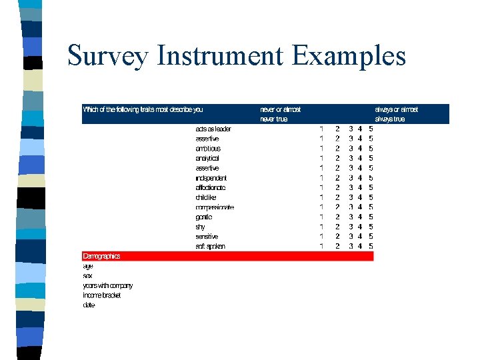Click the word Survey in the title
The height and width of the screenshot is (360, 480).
(x=108, y=56)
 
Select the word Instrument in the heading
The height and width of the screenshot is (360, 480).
(x=219, y=56)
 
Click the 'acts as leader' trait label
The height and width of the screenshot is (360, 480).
(x=213, y=129)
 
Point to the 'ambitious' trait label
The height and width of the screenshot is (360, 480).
(x=208, y=149)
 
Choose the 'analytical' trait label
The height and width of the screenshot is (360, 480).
(x=207, y=159)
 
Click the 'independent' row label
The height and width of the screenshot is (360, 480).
(x=211, y=178)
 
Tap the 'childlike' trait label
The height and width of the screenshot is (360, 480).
(x=206, y=197)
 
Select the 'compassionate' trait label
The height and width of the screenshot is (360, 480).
(x=215, y=207)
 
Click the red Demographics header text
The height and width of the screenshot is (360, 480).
(x=101, y=256)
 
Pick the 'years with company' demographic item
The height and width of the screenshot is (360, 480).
(x=108, y=285)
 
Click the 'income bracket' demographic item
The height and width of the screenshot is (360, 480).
(x=102, y=295)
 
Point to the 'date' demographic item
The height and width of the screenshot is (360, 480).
(x=89, y=305)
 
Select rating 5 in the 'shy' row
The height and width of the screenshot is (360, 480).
(x=371, y=227)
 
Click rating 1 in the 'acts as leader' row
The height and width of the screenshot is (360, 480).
(x=321, y=129)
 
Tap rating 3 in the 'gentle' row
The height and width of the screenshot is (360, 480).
(x=351, y=217)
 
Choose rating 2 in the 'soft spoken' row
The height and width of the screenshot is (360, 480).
(x=337, y=246)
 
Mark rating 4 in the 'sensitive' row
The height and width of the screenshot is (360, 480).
(x=360, y=236)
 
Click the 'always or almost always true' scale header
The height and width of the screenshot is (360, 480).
(x=397, y=114)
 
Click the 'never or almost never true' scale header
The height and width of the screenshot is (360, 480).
(x=281, y=114)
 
